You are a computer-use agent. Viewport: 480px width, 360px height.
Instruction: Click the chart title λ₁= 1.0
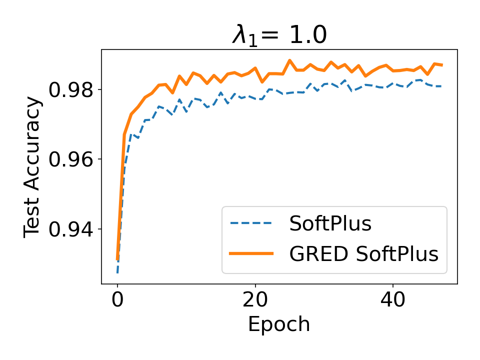click(279, 35)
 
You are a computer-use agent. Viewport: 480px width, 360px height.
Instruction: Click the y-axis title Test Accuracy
click(33, 167)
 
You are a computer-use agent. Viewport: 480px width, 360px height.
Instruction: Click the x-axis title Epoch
click(279, 324)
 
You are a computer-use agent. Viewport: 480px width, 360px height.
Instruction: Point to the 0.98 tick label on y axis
click(70, 90)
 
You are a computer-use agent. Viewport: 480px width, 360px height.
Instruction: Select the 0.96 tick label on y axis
click(70, 159)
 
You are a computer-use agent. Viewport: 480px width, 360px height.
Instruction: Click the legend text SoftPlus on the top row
click(330, 224)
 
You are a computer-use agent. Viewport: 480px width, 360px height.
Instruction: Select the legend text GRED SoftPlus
click(363, 254)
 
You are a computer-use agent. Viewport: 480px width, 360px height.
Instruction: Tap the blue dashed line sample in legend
click(251, 224)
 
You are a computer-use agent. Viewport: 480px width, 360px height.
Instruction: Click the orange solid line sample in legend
click(251, 254)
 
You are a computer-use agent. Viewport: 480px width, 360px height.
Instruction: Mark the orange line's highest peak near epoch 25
click(289, 60)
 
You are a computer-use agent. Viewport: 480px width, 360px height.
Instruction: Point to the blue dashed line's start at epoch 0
click(117, 273)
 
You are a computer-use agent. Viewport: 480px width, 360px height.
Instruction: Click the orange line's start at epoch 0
click(117, 259)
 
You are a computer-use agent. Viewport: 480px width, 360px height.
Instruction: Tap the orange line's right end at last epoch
click(442, 65)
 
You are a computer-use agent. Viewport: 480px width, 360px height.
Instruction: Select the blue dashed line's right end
click(442, 86)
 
